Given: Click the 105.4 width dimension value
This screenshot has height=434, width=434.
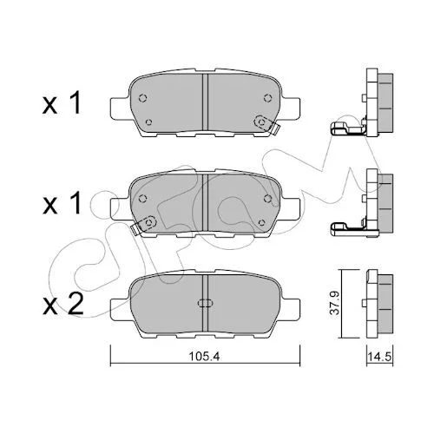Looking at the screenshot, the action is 204,357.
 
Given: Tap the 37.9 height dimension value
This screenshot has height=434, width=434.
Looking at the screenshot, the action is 335,303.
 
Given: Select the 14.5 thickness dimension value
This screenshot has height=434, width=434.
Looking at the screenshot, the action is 379,357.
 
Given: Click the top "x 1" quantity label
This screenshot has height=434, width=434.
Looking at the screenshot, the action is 62,103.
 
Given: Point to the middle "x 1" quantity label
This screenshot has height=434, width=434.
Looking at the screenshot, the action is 62,204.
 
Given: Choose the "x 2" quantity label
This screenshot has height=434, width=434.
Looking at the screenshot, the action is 63,304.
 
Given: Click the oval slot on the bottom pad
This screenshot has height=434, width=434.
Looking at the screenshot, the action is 205,303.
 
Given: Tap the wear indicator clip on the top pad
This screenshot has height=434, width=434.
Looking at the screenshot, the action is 266,124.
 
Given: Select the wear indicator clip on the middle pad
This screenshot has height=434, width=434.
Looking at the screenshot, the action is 143,225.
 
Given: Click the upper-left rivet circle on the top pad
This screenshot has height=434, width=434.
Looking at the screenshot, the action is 142,98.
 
